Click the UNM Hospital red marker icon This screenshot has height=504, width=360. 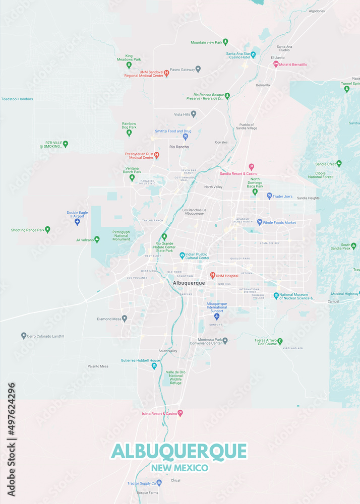click(x=212, y=276)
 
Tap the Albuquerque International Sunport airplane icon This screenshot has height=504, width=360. click(x=217, y=317)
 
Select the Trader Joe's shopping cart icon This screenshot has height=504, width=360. click(x=269, y=196)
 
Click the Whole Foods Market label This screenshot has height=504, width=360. click(x=279, y=222)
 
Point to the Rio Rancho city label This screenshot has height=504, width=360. click(x=179, y=147)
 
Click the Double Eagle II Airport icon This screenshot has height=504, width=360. click(x=77, y=222)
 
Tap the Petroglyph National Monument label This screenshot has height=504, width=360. click(x=121, y=235)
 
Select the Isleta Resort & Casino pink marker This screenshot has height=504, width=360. click(x=180, y=413)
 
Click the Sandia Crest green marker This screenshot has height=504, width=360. click(x=339, y=164)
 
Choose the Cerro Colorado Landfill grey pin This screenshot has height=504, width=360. click(x=24, y=336)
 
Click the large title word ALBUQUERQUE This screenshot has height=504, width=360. click(x=179, y=451)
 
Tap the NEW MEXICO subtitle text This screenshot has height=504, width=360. click(x=179, y=468)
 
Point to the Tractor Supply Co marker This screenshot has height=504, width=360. click(x=159, y=483)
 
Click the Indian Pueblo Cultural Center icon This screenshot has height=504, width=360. click(x=182, y=256)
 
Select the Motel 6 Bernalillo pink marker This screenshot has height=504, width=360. click(x=276, y=65)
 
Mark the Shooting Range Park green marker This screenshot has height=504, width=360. click(x=47, y=230)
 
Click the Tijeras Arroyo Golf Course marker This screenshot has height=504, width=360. click(x=280, y=342)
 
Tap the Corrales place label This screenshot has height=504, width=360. click(x=221, y=142)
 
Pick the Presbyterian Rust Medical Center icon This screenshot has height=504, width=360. click(x=156, y=155)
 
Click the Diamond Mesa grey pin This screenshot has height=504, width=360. click(x=125, y=319)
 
